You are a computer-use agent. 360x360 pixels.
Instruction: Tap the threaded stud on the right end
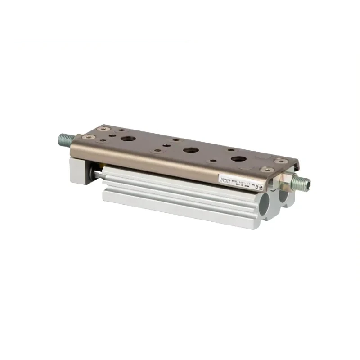point(301,182)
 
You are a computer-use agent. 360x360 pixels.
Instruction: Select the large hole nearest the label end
point(237,159)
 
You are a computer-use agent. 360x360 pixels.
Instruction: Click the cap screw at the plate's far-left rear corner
point(105,128)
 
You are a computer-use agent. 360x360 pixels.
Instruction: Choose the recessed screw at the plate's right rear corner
point(280,160)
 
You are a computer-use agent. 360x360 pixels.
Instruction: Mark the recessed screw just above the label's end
point(264,170)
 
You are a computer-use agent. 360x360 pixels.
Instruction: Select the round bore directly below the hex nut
point(284,197)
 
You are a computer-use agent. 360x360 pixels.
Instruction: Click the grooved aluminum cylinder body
point(180,193)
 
